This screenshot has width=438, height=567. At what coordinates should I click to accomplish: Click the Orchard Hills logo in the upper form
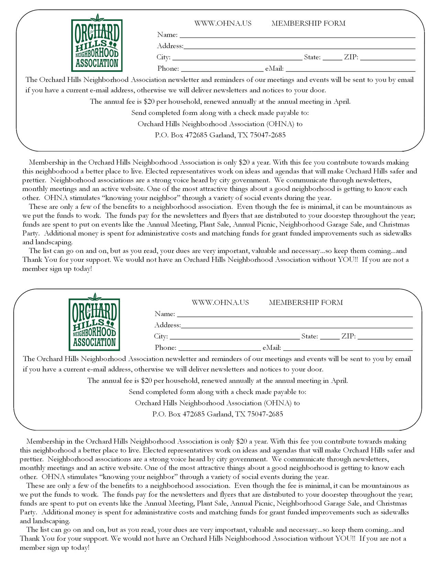tap(97, 44)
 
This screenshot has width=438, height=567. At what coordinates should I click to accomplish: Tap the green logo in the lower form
tap(94, 323)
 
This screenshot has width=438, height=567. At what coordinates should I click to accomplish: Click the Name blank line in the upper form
tap(297, 36)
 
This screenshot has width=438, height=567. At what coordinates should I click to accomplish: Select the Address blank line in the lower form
tap(296, 326)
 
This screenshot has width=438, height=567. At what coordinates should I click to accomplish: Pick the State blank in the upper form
tap(332, 59)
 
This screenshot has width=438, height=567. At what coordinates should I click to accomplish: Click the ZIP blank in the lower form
tap(385, 338)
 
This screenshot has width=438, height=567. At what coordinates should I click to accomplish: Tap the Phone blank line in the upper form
tap(222, 70)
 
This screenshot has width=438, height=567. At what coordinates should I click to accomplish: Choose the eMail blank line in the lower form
tap(348, 349)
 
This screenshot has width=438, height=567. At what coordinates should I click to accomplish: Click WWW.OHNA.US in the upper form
tap(223, 23)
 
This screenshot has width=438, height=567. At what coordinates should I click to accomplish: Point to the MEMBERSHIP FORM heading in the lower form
tap(306, 303)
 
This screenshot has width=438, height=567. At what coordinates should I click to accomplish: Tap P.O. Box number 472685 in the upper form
tap(196, 135)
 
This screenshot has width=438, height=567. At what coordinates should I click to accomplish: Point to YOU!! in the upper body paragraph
tap(348, 260)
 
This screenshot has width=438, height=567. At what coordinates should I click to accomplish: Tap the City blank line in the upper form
tap(237, 59)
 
